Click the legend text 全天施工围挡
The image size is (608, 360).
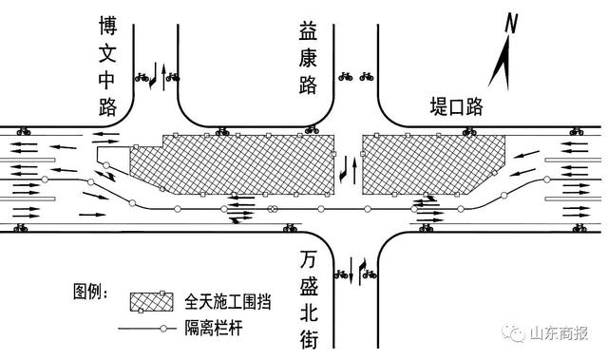[226, 303]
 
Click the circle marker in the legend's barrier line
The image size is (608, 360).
[161, 330]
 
